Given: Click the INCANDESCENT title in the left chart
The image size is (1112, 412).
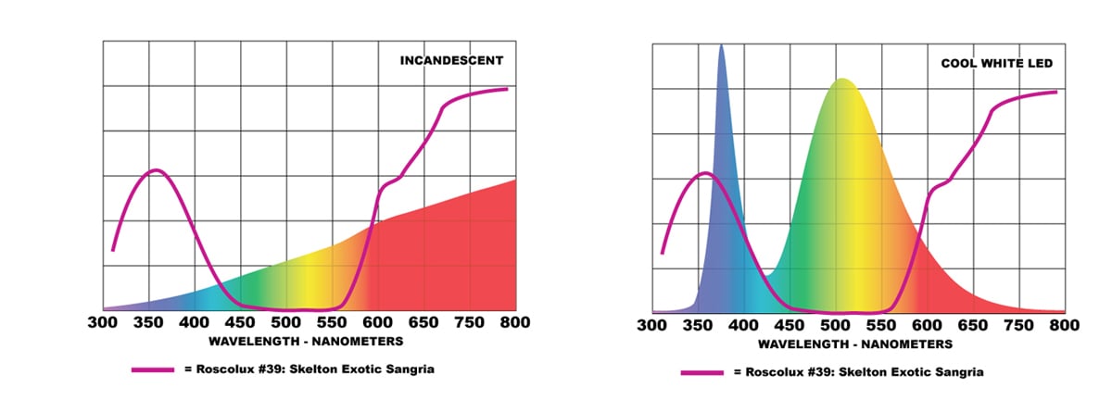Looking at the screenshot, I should (451, 61).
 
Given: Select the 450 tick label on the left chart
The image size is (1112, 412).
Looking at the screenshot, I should (240, 322).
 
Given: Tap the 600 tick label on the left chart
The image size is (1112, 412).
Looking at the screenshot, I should (378, 322).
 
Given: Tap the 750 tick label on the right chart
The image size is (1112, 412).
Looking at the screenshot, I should (1018, 326).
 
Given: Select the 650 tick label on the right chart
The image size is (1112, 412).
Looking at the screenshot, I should (972, 326).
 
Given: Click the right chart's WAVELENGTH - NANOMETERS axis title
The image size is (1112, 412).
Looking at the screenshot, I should (854, 343).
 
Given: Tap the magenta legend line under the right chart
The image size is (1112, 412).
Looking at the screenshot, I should (701, 372).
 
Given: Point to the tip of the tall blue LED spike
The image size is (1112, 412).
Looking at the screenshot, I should (722, 45).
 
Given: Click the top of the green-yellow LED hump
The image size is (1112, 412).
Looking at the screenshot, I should (842, 80).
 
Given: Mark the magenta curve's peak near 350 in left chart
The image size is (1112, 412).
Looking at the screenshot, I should (156, 170).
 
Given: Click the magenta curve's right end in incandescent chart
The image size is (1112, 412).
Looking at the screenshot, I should (508, 89).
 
